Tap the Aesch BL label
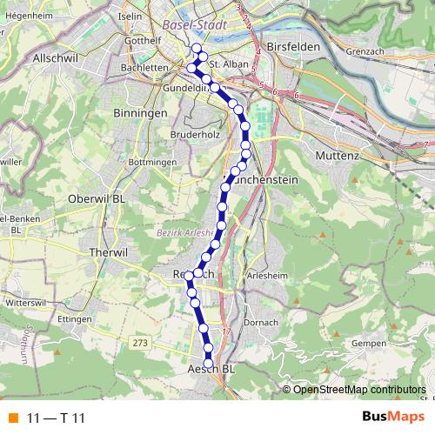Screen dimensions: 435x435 coord(211,369)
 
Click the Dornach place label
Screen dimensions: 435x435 coord(260,323)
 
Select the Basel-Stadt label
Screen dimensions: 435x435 coord(195,25)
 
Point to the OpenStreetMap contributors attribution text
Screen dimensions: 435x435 coord(358,389)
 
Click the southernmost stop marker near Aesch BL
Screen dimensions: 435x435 coord(209,364)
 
